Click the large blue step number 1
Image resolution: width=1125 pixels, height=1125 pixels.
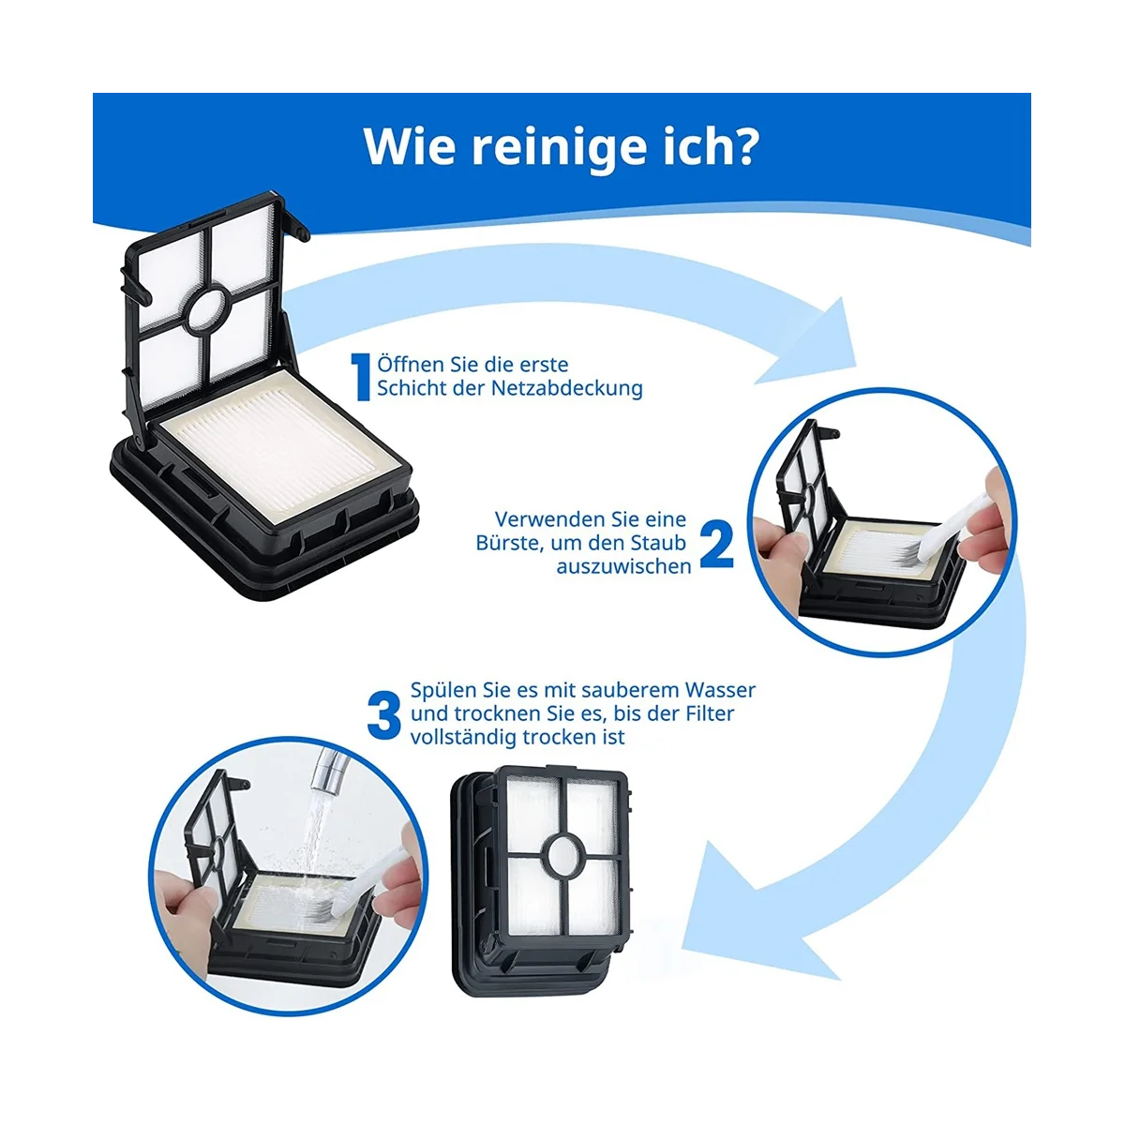(361, 377)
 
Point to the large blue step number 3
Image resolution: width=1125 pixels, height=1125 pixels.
(383, 714)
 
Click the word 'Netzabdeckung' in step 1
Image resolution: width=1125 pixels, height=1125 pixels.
(567, 388)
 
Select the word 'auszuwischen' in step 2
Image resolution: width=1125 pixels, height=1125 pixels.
(623, 566)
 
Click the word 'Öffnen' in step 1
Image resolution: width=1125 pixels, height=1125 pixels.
(407, 365)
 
